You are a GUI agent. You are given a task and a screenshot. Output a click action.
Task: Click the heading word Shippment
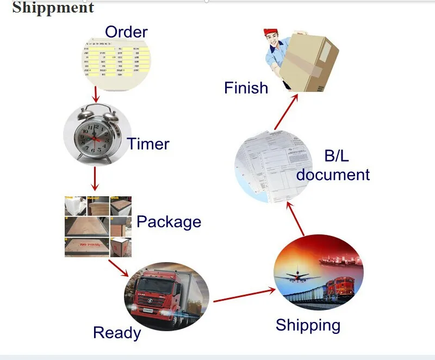53,8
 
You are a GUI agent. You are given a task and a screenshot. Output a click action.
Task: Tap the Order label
126,32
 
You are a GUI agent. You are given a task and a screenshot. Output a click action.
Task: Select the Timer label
148,144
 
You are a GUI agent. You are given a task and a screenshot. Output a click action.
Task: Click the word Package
169,222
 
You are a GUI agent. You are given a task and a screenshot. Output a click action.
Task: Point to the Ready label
117,333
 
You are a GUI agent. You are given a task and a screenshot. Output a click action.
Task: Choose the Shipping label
308,325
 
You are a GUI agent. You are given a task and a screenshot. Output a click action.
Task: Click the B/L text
337,157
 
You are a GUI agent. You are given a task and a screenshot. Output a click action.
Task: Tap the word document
333,175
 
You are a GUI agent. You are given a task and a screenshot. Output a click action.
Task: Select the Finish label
246,88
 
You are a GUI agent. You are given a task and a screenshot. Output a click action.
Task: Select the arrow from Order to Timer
96,94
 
